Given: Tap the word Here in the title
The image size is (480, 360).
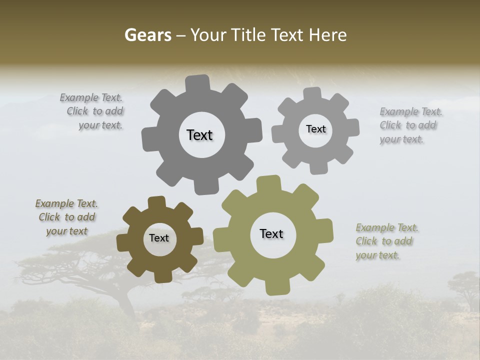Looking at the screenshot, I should click(x=328, y=35).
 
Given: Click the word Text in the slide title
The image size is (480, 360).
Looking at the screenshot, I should click(x=288, y=35).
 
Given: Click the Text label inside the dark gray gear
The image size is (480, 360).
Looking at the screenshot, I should click(x=199, y=135).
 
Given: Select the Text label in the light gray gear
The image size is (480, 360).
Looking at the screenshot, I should click(x=315, y=129).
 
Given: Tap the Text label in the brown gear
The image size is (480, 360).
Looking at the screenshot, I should click(x=159, y=238).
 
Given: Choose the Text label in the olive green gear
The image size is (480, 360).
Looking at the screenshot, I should click(x=271, y=233).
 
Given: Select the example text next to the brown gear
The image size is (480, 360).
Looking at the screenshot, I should click(x=66, y=217).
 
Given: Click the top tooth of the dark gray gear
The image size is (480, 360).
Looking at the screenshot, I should click(x=198, y=83).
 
